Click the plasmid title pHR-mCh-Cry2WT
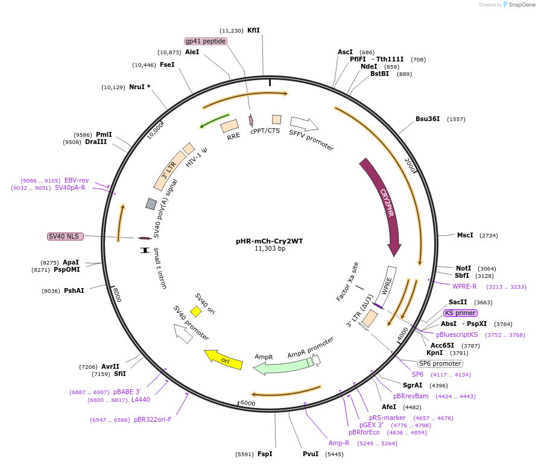tap(269, 241)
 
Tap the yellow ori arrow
tap(223, 359)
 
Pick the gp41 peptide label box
tap(206, 41)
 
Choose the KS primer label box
tap(460, 313)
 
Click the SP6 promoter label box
tap(440, 363)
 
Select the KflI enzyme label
tap(253, 30)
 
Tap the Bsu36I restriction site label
tap(428, 119)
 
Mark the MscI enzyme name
tap(465, 235)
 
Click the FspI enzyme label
tap(265, 454)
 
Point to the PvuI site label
tap(311, 454)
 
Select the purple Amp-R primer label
tap(339, 443)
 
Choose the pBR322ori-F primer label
tap(153, 419)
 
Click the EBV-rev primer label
tap(77, 180)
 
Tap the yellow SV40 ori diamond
tap(195, 312)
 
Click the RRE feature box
tap(229, 126)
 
